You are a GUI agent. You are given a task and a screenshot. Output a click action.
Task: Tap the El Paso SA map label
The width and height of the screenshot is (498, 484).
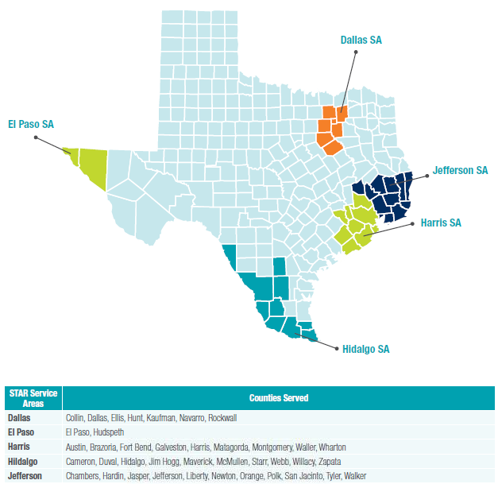point(31,124)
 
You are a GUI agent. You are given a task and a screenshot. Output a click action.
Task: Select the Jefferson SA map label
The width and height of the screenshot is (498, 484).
point(460,170)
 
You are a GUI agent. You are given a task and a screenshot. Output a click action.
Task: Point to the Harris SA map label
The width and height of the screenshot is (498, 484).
point(439,223)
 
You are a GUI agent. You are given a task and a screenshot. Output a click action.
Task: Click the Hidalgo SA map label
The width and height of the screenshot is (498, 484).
point(366,348)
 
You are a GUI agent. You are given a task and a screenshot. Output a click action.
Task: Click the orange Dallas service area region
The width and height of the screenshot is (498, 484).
point(331,130)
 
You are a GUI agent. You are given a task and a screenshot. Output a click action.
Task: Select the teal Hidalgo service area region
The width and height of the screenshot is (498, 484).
point(270,306)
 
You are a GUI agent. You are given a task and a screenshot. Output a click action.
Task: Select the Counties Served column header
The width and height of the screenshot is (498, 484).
point(279,397)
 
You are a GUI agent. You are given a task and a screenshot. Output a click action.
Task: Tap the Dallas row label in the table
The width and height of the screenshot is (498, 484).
point(20,417)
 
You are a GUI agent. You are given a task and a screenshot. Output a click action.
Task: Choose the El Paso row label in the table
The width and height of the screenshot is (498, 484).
point(21,432)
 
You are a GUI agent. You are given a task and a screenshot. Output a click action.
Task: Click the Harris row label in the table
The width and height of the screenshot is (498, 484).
point(20,447)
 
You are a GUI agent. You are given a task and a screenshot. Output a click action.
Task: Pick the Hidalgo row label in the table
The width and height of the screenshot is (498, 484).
point(22,462)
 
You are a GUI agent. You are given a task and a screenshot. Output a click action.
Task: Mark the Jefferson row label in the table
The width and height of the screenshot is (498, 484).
point(25,476)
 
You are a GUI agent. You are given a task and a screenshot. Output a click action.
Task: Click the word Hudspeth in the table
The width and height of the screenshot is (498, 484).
point(111,432)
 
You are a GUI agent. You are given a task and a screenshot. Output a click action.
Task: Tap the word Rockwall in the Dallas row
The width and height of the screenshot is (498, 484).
point(222,417)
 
